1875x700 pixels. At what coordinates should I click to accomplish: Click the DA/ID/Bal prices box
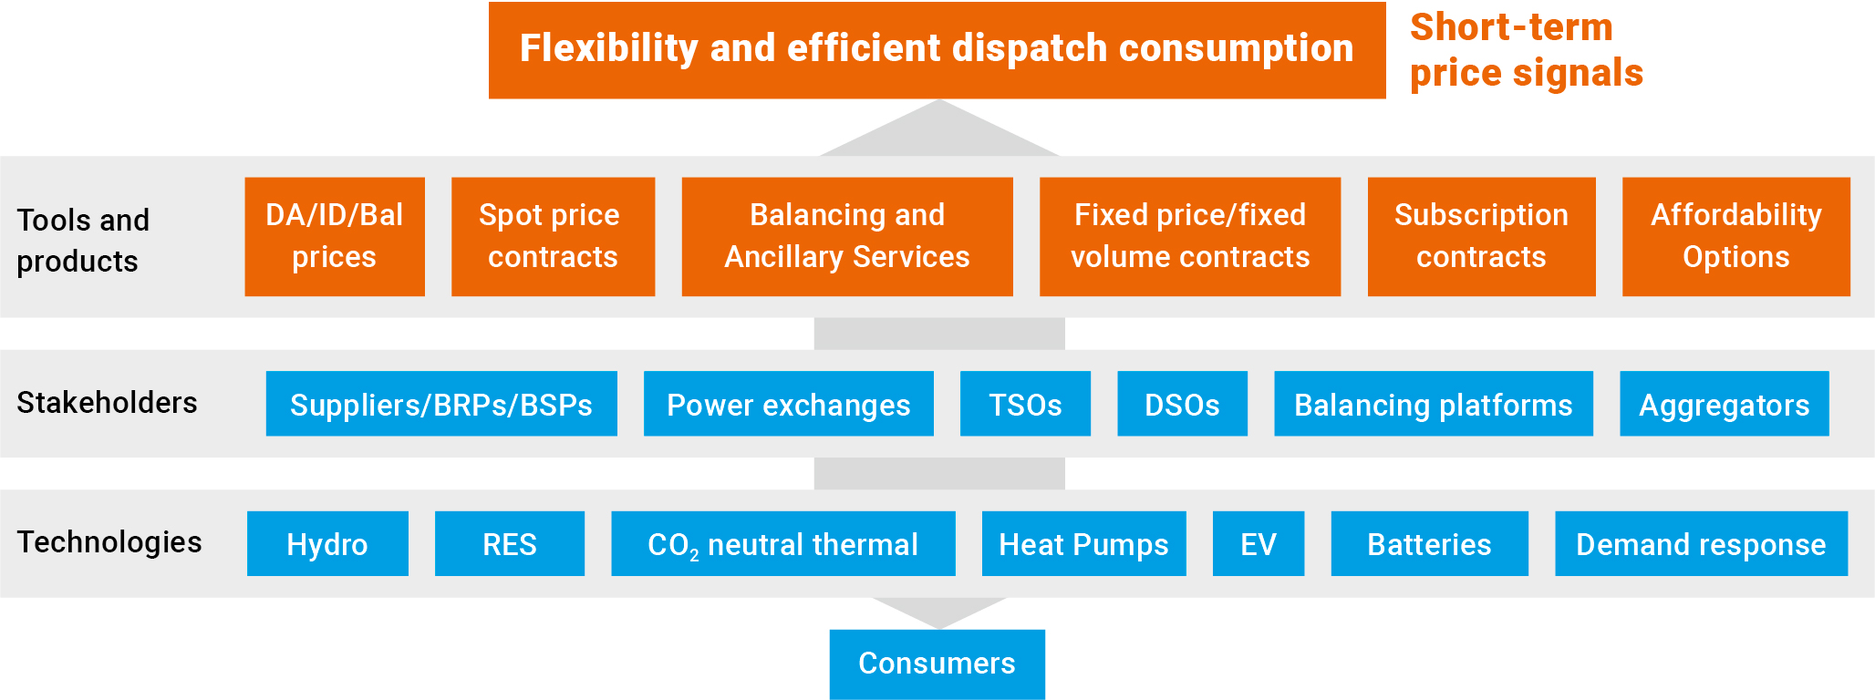(x=335, y=237)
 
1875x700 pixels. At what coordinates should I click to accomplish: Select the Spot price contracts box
(x=553, y=237)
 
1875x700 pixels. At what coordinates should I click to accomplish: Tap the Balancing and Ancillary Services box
(x=847, y=237)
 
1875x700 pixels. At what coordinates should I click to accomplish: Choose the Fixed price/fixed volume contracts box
(x=1190, y=237)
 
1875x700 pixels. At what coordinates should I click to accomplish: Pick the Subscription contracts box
(x=1481, y=237)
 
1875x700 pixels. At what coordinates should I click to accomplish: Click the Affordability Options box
(x=1736, y=237)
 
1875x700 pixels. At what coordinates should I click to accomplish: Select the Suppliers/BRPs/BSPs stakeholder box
(x=441, y=404)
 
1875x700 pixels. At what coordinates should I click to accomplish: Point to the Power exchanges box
(x=789, y=404)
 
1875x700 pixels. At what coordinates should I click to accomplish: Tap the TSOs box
(x=1025, y=404)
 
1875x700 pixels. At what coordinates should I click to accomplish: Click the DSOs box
(x=1182, y=404)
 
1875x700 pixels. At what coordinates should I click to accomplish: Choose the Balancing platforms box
(x=1434, y=404)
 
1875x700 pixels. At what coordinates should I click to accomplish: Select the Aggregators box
(x=1725, y=404)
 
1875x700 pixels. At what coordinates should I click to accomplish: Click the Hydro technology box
(x=327, y=543)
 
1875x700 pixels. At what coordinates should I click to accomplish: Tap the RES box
(x=510, y=543)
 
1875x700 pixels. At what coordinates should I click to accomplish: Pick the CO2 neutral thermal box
(x=783, y=543)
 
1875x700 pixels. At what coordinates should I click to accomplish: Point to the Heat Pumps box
(x=1084, y=543)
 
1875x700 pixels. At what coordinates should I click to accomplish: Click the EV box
(x=1259, y=543)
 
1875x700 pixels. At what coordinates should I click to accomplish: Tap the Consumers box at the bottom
(x=937, y=664)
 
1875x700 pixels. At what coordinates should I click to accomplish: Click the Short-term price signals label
(x=1526, y=50)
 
